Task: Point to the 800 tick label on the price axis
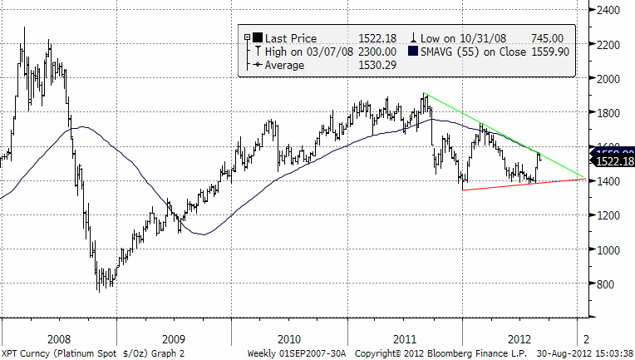click(608, 284)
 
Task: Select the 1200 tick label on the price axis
click(610, 215)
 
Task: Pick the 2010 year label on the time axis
click(288, 339)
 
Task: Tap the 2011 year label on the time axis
click(405, 339)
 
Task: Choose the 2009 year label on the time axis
click(173, 339)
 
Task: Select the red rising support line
click(515, 184)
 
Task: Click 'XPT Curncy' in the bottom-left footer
click(27, 353)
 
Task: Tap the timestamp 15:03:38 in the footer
click(611, 353)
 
